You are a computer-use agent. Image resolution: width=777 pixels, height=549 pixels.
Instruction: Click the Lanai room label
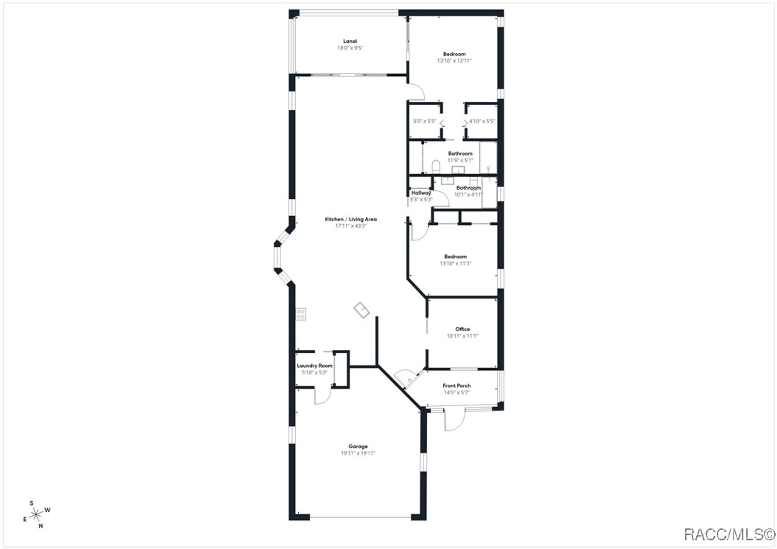coord(350,41)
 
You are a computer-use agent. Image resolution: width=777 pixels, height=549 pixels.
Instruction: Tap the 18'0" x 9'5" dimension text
coord(350,48)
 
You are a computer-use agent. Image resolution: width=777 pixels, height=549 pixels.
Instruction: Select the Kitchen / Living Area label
coord(350,219)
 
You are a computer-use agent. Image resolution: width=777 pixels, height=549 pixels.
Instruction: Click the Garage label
coord(358,446)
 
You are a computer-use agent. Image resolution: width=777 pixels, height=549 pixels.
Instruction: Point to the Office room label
coord(462,329)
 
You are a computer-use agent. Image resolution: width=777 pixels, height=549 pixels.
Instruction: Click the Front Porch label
coord(456,386)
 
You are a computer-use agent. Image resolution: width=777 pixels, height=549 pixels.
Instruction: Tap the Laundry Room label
coord(314,366)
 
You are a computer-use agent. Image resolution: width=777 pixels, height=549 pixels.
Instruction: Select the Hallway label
coord(421,193)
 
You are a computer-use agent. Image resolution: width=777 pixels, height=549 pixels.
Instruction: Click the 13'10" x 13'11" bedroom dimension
coord(454,61)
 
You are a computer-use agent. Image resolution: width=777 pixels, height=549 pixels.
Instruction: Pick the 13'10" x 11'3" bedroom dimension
coord(455,264)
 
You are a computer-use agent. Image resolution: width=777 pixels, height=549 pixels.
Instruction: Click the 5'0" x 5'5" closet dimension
coord(424,121)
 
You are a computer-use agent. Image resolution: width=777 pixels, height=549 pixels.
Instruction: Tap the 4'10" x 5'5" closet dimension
coord(482,121)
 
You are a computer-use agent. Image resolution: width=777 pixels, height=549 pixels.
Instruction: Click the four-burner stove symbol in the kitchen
coord(301,314)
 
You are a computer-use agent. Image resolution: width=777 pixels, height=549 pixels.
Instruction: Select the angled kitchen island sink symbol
coord(361,310)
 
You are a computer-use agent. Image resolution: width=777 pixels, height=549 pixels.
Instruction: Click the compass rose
coord(36,515)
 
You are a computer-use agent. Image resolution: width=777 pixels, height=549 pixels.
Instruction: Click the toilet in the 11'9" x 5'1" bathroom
coord(436,167)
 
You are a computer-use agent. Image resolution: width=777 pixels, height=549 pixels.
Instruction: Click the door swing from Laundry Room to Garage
coord(322,396)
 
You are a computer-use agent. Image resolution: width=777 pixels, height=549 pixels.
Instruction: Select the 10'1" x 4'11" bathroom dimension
coord(468,195)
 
